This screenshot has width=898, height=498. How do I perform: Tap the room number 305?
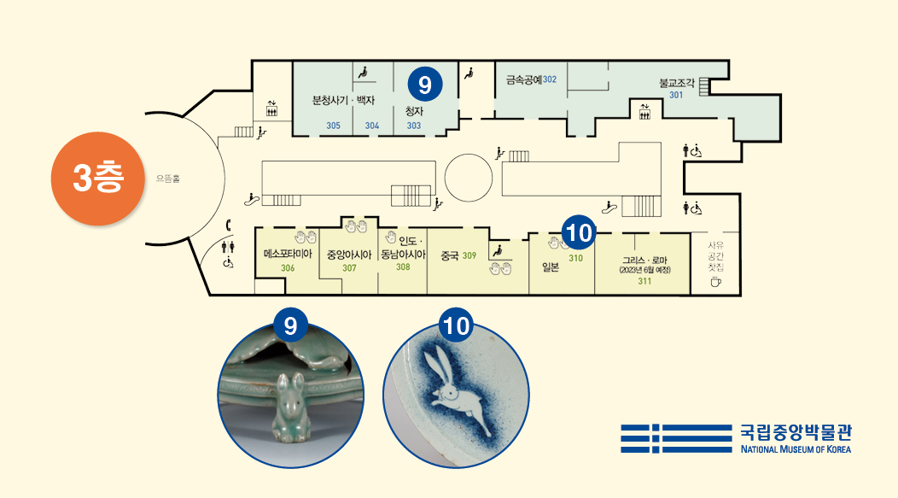334,126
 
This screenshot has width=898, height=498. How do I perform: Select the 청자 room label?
415,110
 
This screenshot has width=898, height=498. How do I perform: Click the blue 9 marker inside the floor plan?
425,84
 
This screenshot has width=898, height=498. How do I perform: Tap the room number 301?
676,95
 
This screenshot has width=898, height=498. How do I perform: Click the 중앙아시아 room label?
349,255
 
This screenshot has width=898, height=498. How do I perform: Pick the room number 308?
403,267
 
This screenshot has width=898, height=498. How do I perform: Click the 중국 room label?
450,255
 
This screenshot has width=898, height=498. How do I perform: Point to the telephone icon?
229,226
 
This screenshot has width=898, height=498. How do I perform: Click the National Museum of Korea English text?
796,448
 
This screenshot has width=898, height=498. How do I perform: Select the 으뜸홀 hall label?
168,179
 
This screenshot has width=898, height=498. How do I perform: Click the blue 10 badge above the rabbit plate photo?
458,325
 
